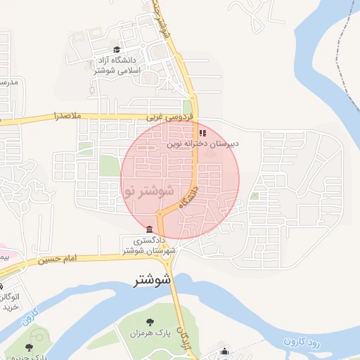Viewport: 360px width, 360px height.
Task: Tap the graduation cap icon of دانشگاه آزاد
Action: pos(116,49)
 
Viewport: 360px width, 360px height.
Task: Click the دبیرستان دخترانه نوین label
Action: pos(203,143)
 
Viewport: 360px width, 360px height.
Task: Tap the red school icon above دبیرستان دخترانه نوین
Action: pos(202,132)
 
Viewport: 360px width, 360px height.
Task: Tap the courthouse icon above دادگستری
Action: pos(148,229)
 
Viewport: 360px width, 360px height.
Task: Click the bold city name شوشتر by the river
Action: pos(153,280)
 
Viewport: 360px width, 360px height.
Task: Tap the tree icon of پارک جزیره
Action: pos(29,347)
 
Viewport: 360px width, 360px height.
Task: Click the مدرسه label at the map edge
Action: pos(8,82)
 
